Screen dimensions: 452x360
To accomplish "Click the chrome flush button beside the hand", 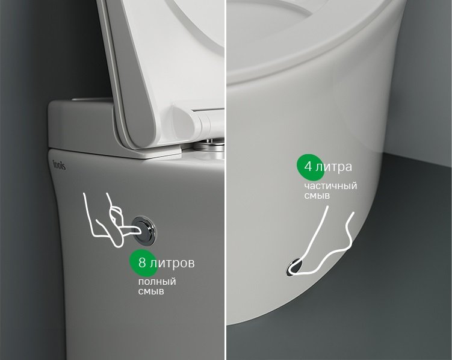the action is (x=144, y=231).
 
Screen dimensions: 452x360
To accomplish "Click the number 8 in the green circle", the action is (x=142, y=263).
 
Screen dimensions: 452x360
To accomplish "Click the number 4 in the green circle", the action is (x=308, y=167).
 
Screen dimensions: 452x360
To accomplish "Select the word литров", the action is (x=172, y=263).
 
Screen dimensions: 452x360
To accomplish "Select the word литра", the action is (x=333, y=167).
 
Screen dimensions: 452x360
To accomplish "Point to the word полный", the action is (x=157, y=282).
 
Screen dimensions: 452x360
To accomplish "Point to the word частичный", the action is (x=330, y=186).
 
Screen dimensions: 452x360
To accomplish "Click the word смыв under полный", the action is (x=151, y=291).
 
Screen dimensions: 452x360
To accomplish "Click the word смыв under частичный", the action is (x=317, y=196).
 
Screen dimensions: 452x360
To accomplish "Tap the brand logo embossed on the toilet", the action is (x=59, y=164).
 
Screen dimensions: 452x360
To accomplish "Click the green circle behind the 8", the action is (x=143, y=262).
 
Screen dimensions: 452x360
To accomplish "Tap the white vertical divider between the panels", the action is (x=226, y=180).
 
